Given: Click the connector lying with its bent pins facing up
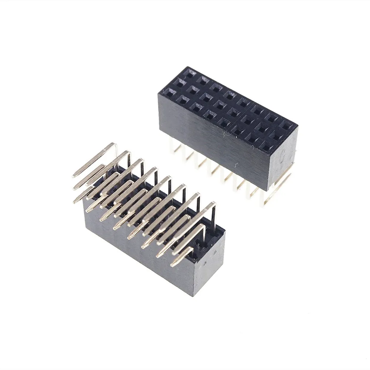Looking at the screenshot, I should (148, 222).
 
